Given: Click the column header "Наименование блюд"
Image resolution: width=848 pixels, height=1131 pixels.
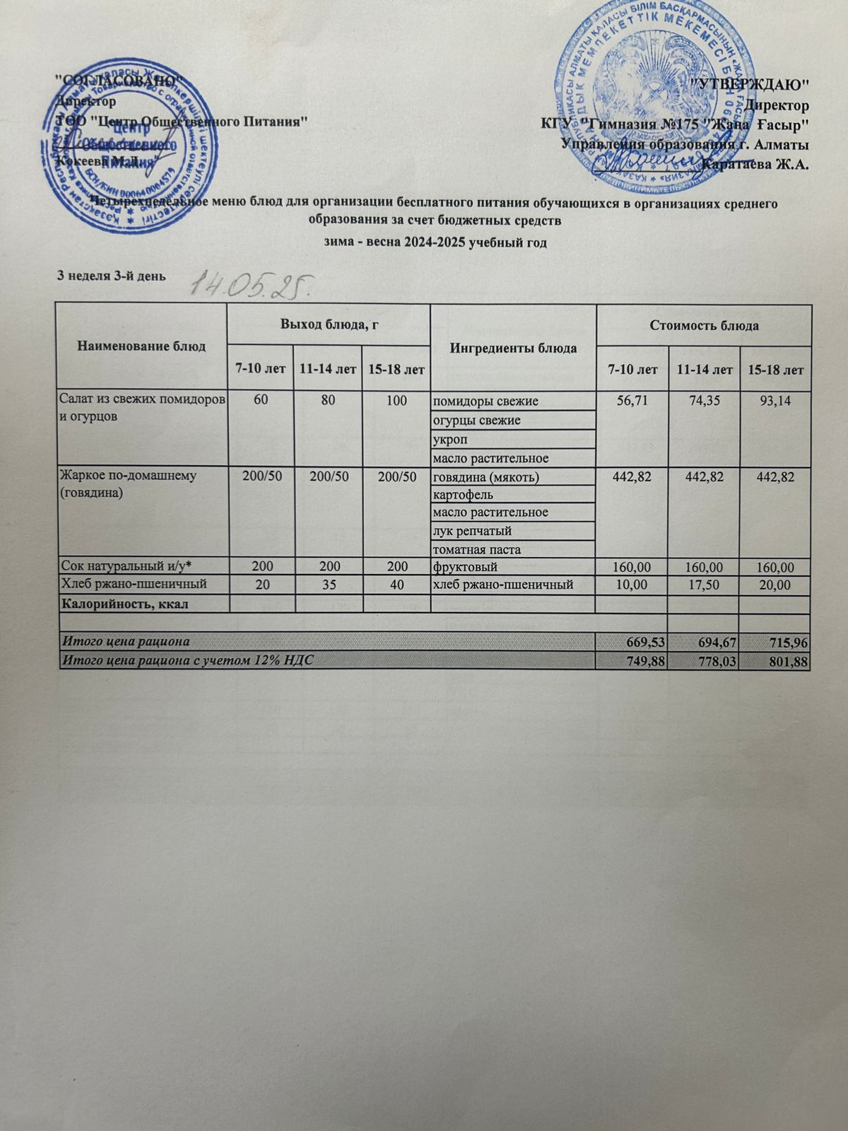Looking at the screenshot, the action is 141,346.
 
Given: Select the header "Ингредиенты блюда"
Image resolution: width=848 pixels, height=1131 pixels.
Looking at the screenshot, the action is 513,348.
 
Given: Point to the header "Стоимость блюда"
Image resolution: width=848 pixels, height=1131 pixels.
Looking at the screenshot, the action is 704,326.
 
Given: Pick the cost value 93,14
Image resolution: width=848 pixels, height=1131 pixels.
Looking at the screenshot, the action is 776,402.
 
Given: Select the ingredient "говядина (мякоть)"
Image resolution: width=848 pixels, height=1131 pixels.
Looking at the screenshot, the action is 485,477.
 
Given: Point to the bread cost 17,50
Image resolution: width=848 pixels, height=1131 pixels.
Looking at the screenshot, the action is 704,585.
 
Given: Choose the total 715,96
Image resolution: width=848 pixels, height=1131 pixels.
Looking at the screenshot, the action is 776,642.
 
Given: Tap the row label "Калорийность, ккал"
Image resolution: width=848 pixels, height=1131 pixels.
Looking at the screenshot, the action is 126,604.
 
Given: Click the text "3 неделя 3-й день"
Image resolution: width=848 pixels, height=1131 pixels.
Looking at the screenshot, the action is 112,276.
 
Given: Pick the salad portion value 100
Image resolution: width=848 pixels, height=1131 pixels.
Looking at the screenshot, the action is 396,402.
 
